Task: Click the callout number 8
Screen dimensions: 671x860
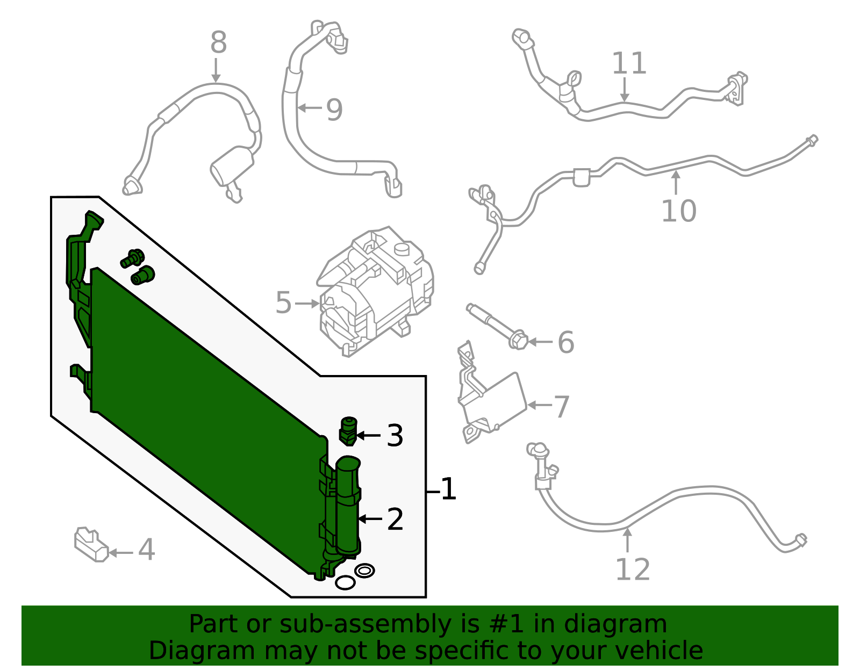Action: pyautogui.click(x=218, y=42)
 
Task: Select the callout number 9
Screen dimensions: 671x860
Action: pyautogui.click(x=334, y=110)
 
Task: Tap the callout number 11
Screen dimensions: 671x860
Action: pyautogui.click(x=629, y=64)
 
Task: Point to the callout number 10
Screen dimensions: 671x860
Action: pyautogui.click(x=678, y=211)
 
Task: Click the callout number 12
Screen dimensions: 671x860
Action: pyautogui.click(x=632, y=569)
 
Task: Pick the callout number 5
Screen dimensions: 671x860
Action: pyautogui.click(x=283, y=303)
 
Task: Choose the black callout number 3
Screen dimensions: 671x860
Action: pyautogui.click(x=395, y=436)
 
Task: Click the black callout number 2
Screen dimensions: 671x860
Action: pyautogui.click(x=395, y=520)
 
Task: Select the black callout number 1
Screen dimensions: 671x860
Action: pyautogui.click(x=448, y=490)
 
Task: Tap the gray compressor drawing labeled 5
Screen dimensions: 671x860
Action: pyautogui.click(x=376, y=293)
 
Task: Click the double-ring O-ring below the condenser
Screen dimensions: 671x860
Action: pyautogui.click(x=364, y=571)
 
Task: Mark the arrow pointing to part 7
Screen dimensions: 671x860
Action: pyautogui.click(x=539, y=405)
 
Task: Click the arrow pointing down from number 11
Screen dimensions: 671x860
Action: pyautogui.click(x=624, y=89)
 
